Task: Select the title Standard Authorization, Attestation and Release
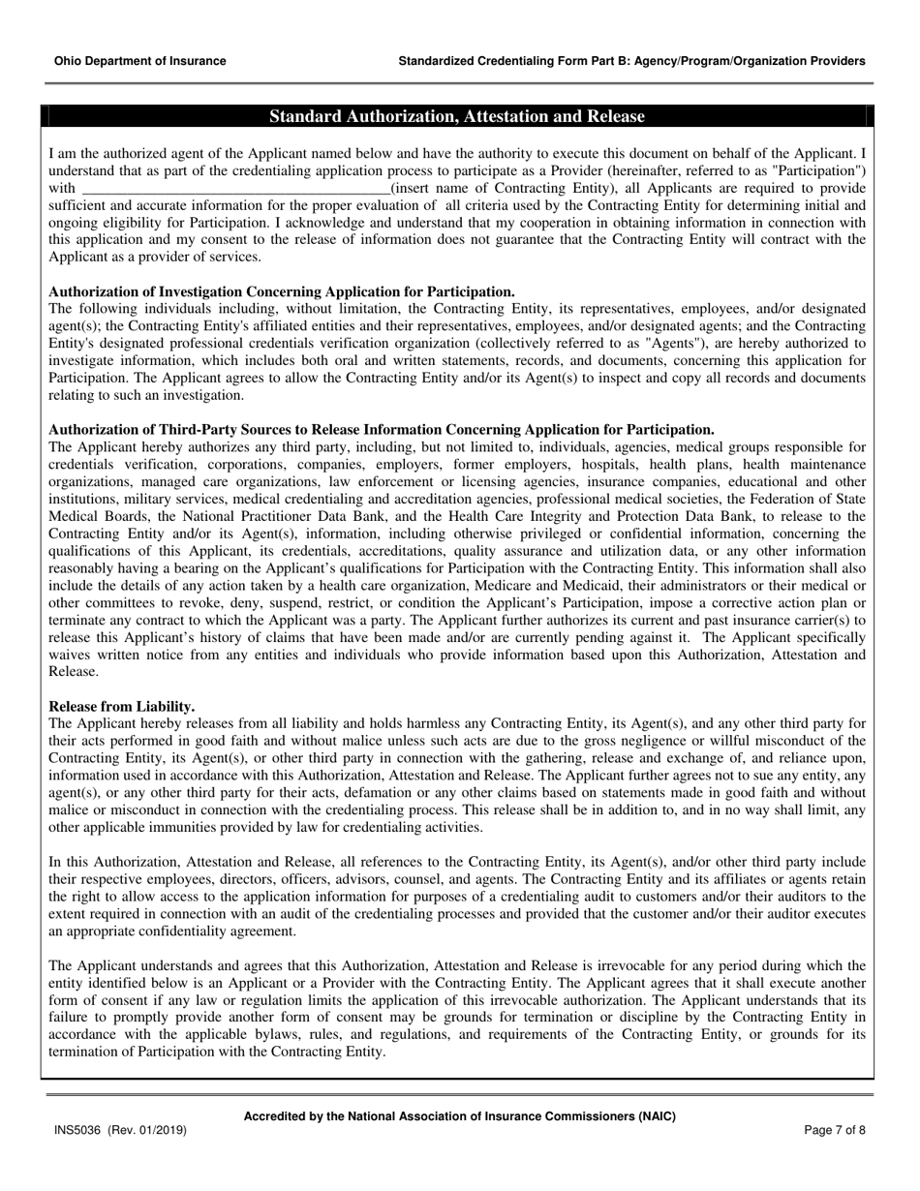(x=456, y=117)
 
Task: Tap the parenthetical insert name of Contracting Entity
(x=505, y=188)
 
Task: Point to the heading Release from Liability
(x=122, y=706)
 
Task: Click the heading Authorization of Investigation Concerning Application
(x=281, y=291)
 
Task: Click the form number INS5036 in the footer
(x=76, y=1130)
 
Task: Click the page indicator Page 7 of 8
(x=835, y=1130)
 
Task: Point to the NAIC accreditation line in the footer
(x=459, y=1116)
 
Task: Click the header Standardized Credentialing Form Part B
(x=631, y=61)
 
